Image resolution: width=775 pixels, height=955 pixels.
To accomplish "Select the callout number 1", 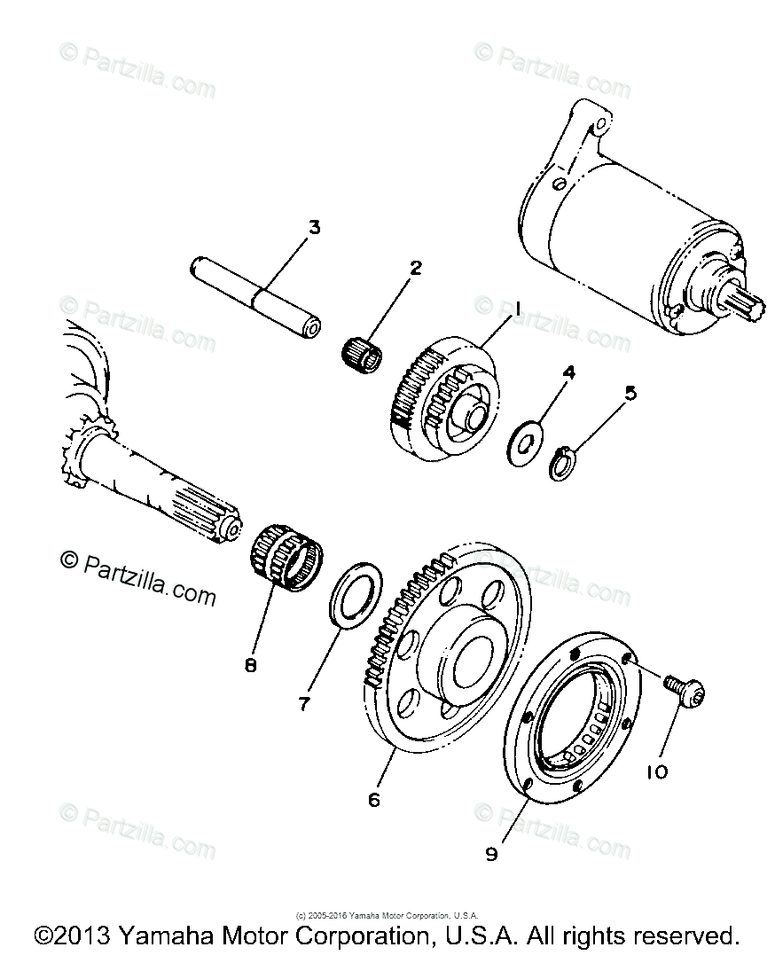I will click(513, 309).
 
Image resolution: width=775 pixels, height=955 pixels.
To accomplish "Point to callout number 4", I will click(568, 373).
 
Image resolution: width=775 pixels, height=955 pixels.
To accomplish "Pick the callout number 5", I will click(630, 393).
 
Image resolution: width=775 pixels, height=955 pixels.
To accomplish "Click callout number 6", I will click(373, 799).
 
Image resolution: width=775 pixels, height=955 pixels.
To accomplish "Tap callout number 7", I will click(304, 703).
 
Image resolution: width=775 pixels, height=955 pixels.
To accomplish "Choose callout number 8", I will click(251, 664).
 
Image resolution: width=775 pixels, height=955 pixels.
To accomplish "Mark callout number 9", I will click(492, 854).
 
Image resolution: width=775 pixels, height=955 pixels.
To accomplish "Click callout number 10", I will click(657, 772).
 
